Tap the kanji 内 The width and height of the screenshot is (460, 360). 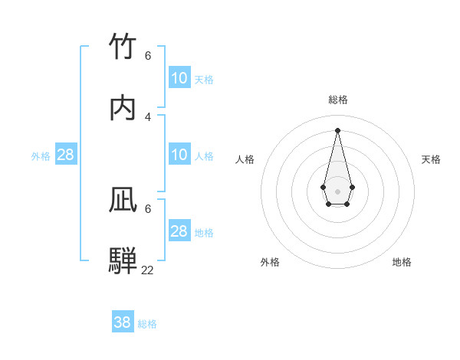click(x=123, y=108)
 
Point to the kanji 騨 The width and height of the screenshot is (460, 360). click(x=123, y=260)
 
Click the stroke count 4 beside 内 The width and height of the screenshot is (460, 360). click(x=148, y=116)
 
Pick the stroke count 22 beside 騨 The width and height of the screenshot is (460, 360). click(x=148, y=270)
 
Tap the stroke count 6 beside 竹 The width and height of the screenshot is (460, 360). click(x=148, y=55)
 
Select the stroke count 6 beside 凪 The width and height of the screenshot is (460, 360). click(x=148, y=208)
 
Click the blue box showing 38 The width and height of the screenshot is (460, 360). click(x=123, y=322)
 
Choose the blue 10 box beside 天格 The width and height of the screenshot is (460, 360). click(x=179, y=78)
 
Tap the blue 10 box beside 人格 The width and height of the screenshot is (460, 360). click(x=179, y=155)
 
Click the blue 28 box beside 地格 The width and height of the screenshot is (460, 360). click(x=179, y=231)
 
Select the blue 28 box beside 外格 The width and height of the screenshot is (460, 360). click(x=66, y=155)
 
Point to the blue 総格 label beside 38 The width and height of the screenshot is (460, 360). click(x=147, y=324)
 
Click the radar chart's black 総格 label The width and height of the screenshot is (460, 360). click(x=338, y=100)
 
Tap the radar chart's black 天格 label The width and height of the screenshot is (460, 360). click(x=432, y=159)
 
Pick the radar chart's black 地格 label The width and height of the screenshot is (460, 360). click(x=402, y=262)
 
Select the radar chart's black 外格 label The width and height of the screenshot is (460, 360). click(x=270, y=262)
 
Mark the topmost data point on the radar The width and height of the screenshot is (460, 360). click(x=337, y=129)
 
